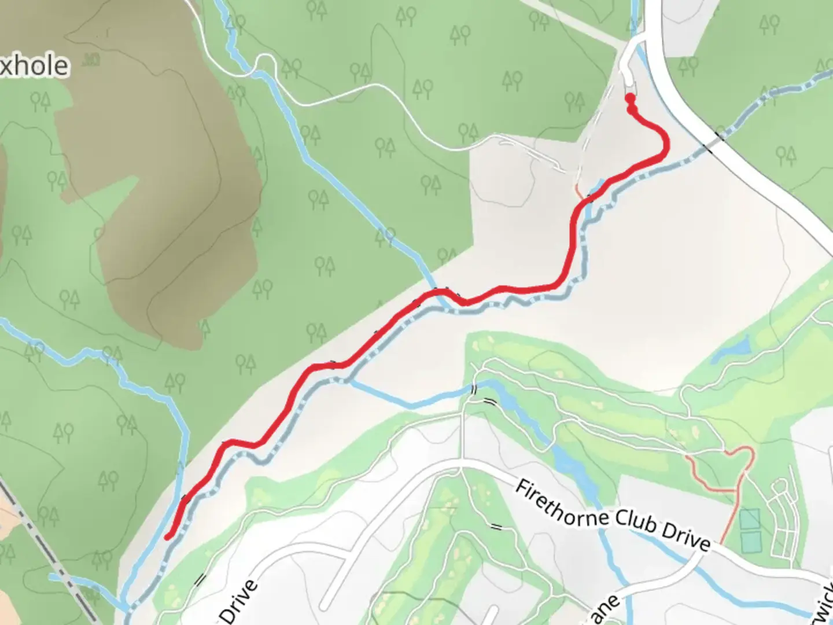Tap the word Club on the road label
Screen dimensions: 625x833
pos(635,523)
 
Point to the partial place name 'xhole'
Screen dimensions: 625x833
pos(35,66)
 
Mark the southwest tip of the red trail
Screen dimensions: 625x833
pos(168,538)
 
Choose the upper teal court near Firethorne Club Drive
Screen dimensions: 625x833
pos(750,519)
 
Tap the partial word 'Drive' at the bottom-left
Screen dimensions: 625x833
pos(238,602)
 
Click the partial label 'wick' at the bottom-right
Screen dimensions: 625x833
pos(824,605)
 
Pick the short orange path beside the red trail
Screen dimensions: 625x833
pos(579,191)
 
